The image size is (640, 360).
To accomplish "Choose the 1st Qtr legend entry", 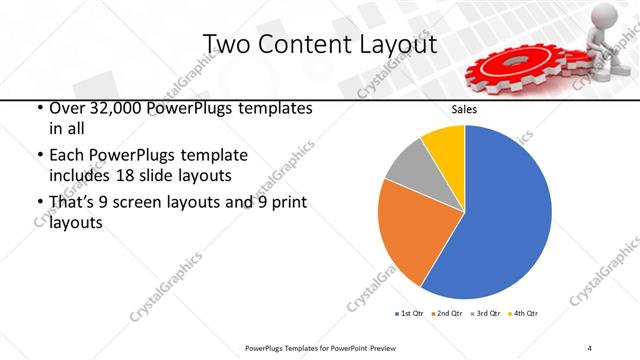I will tap(408, 314).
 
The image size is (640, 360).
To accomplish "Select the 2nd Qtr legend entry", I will tap(447, 314).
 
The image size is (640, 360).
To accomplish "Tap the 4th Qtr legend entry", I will tap(525, 314).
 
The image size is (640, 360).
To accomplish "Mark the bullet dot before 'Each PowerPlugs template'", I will tap(39, 156).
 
